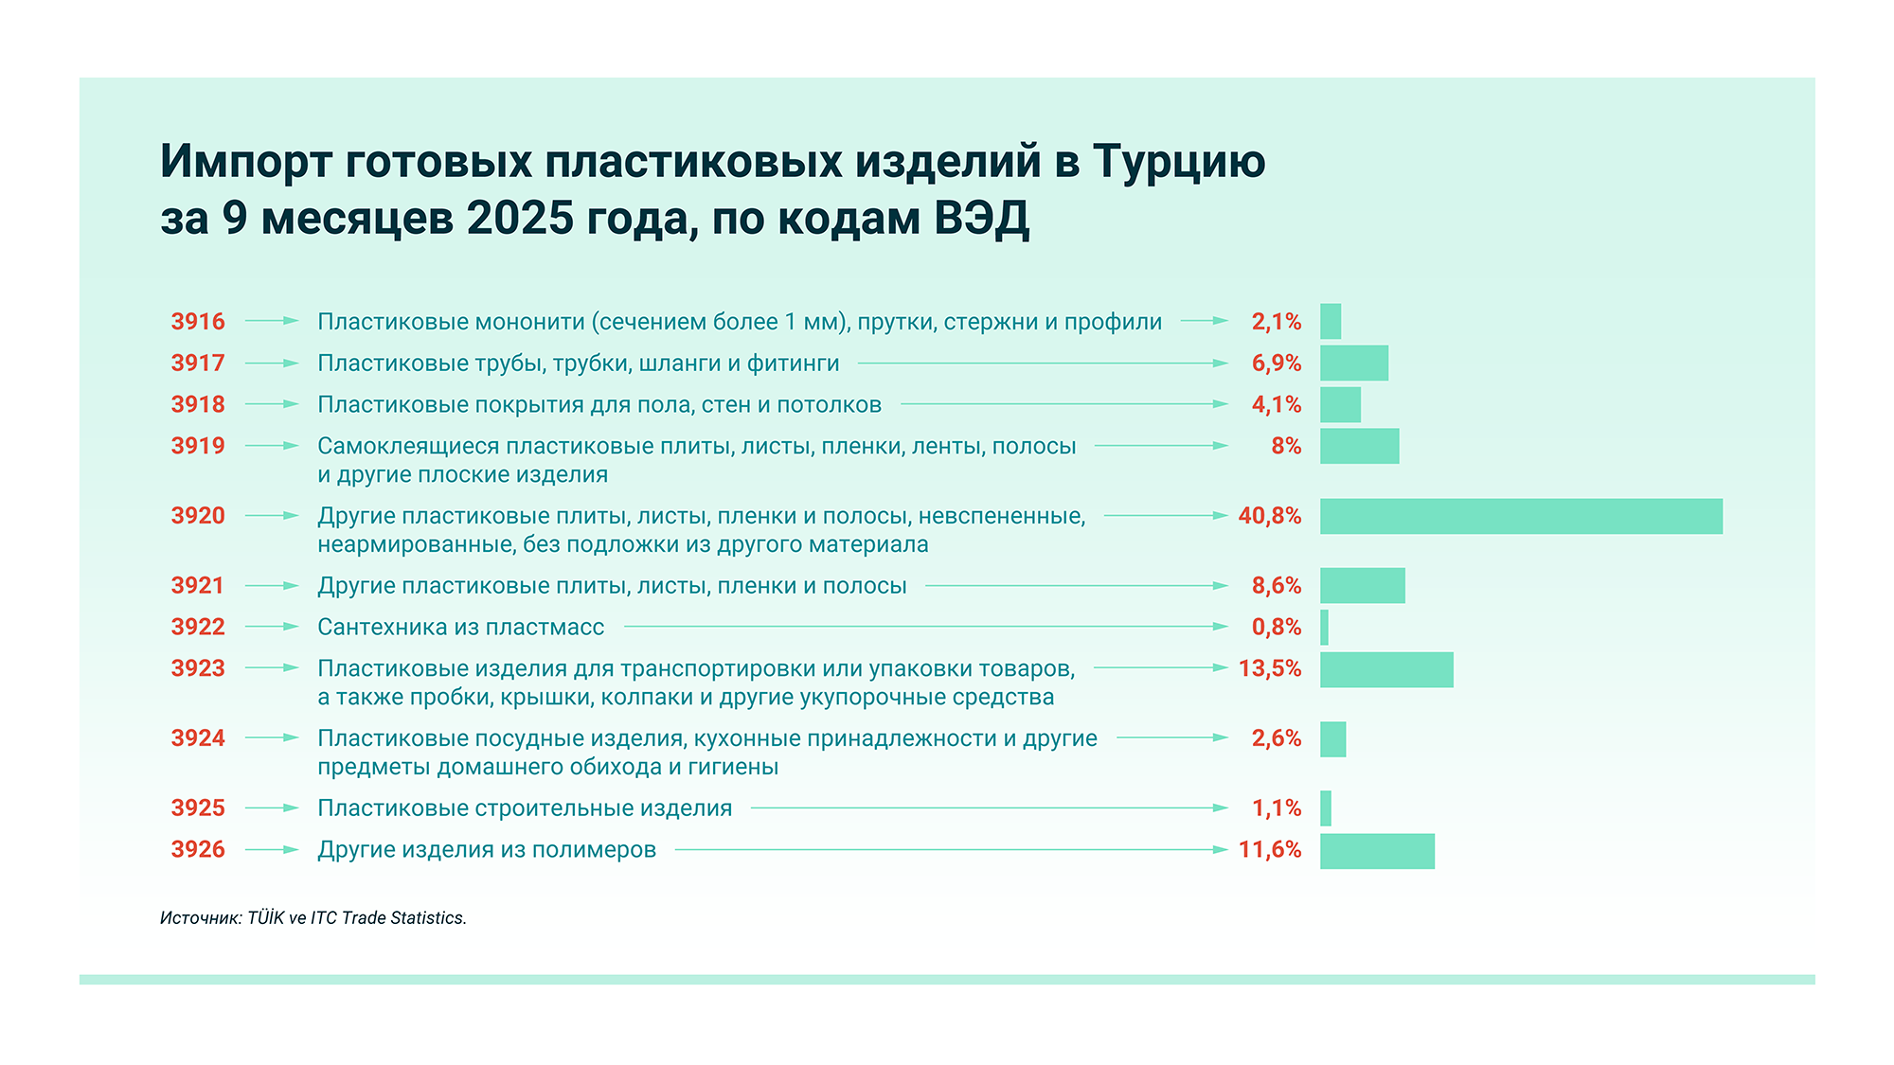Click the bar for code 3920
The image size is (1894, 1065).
pyautogui.click(x=1521, y=516)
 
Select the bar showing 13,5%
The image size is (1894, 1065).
pyautogui.click(x=1386, y=669)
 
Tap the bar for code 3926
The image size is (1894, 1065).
pyautogui.click(x=1377, y=850)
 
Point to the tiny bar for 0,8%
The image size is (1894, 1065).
pyautogui.click(x=1324, y=627)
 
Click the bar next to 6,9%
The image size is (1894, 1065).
pyautogui.click(x=1354, y=364)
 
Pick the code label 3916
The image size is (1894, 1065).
pyautogui.click(x=198, y=322)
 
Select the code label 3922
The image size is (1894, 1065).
pyautogui.click(x=198, y=627)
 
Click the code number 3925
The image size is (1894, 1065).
pyautogui.click(x=198, y=808)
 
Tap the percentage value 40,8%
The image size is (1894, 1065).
pyautogui.click(x=1269, y=516)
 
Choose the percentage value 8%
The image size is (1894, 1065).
pyautogui.click(x=1286, y=446)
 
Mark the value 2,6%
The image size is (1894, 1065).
pyautogui.click(x=1276, y=738)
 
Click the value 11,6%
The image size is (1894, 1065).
pyautogui.click(x=1269, y=850)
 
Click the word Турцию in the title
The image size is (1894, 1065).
pyautogui.click(x=1179, y=162)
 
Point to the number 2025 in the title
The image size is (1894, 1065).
pyautogui.click(x=520, y=219)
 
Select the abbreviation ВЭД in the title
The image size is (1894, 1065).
pyautogui.click(x=981, y=219)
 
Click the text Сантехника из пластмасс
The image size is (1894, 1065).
pyautogui.click(x=460, y=627)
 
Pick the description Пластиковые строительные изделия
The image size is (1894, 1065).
pyautogui.click(x=525, y=808)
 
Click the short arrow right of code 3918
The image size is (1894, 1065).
pyautogui.click(x=272, y=404)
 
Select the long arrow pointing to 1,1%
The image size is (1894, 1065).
pyautogui.click(x=989, y=808)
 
